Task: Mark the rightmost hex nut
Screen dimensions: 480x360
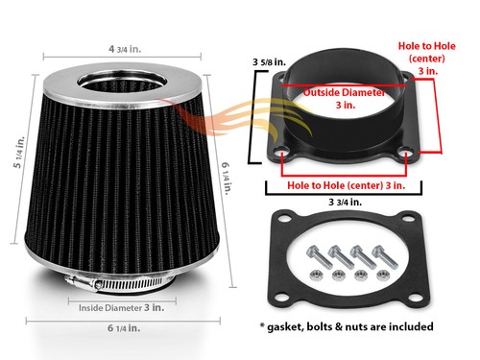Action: click(x=384, y=276)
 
